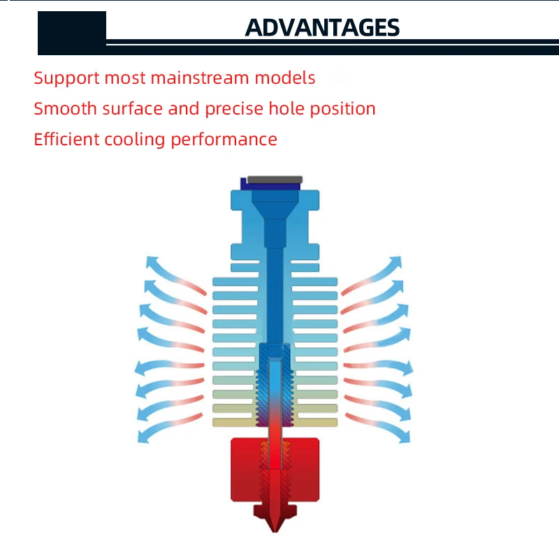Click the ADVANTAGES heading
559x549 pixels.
coord(322,27)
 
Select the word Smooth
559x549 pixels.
coord(65,108)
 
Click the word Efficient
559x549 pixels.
coord(66,139)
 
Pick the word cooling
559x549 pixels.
coord(134,140)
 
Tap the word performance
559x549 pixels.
coord(224,140)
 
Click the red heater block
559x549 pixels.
coord(275,469)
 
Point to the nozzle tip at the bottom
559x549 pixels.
coord(275,531)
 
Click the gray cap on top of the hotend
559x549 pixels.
coord(275,180)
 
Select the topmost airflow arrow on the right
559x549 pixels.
coord(372,275)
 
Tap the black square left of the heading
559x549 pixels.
coord(72,33)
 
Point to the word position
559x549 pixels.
coord(342,109)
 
